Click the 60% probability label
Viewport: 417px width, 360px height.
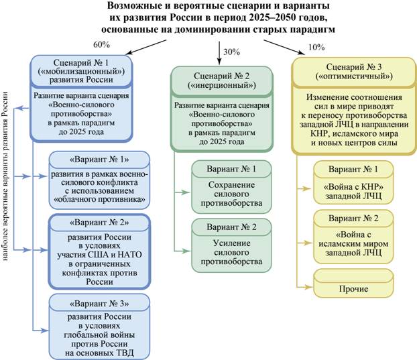pyautogui.click(x=101, y=45)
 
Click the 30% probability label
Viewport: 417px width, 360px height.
pyautogui.click(x=232, y=52)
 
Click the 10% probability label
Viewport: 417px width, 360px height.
pyautogui.click(x=316, y=48)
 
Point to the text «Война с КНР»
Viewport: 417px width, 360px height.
pyautogui.click(x=353, y=187)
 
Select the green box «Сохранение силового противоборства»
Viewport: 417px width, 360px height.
pyautogui.click(x=231, y=186)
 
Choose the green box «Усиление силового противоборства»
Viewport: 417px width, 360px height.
pyautogui.click(x=231, y=245)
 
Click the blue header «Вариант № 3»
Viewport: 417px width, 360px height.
pyautogui.click(x=99, y=303)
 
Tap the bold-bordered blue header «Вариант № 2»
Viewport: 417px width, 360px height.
pyautogui.click(x=99, y=223)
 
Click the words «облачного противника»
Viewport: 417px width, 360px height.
pyautogui.click(x=99, y=199)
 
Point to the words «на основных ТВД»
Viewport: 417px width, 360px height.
pyautogui.click(x=99, y=353)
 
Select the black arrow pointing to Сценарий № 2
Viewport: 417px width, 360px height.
pyautogui.click(x=219, y=53)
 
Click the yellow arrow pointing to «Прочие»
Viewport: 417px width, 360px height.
pyautogui.click(x=305, y=287)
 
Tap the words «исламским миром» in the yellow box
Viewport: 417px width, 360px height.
pyautogui.click(x=353, y=243)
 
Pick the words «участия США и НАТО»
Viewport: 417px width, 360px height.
pyautogui.click(x=99, y=255)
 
